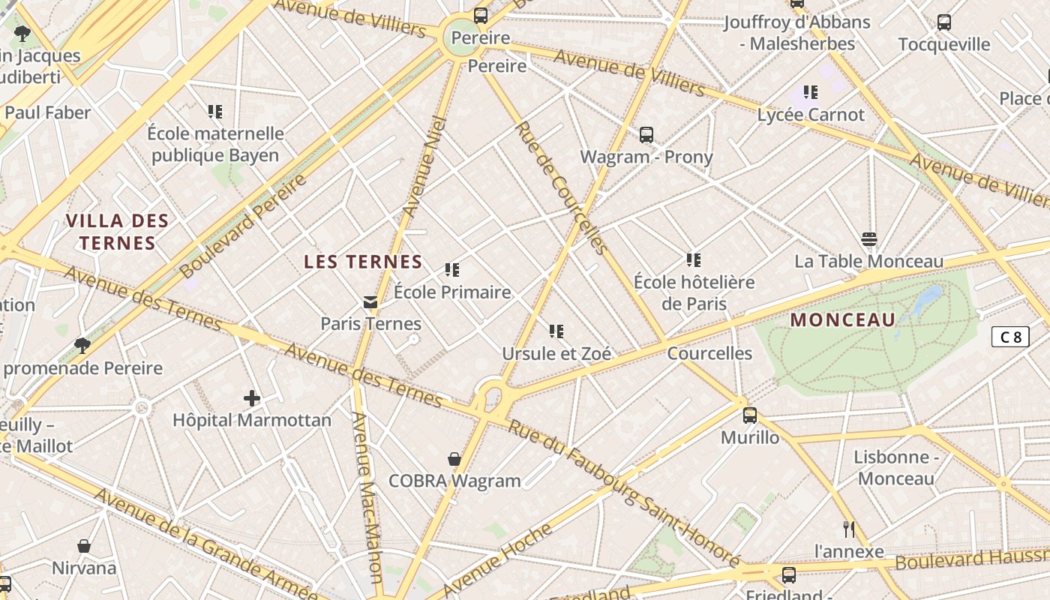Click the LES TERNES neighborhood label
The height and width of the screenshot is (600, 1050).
point(363,262)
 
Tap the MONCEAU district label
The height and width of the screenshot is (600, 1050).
point(843,320)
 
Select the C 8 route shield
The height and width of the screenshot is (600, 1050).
point(1010,337)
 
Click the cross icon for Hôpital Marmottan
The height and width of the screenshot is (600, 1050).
point(251,397)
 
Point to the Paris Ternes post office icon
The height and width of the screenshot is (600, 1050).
point(370,302)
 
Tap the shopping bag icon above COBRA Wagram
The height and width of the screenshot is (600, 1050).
point(454,459)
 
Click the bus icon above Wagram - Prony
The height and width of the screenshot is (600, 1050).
point(646,135)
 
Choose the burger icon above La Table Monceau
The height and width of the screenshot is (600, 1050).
point(869,239)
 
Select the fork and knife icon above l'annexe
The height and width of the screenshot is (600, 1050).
point(849,529)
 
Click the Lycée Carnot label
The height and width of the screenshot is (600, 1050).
point(811,115)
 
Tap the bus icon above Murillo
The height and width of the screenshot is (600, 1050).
point(749,415)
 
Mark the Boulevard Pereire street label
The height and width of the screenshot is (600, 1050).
point(244,226)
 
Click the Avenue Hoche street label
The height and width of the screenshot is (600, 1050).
point(499,559)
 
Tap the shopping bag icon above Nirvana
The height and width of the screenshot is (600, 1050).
point(84,546)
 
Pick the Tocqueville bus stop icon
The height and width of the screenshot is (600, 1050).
point(943,22)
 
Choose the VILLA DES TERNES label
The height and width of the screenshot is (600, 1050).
point(117,232)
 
